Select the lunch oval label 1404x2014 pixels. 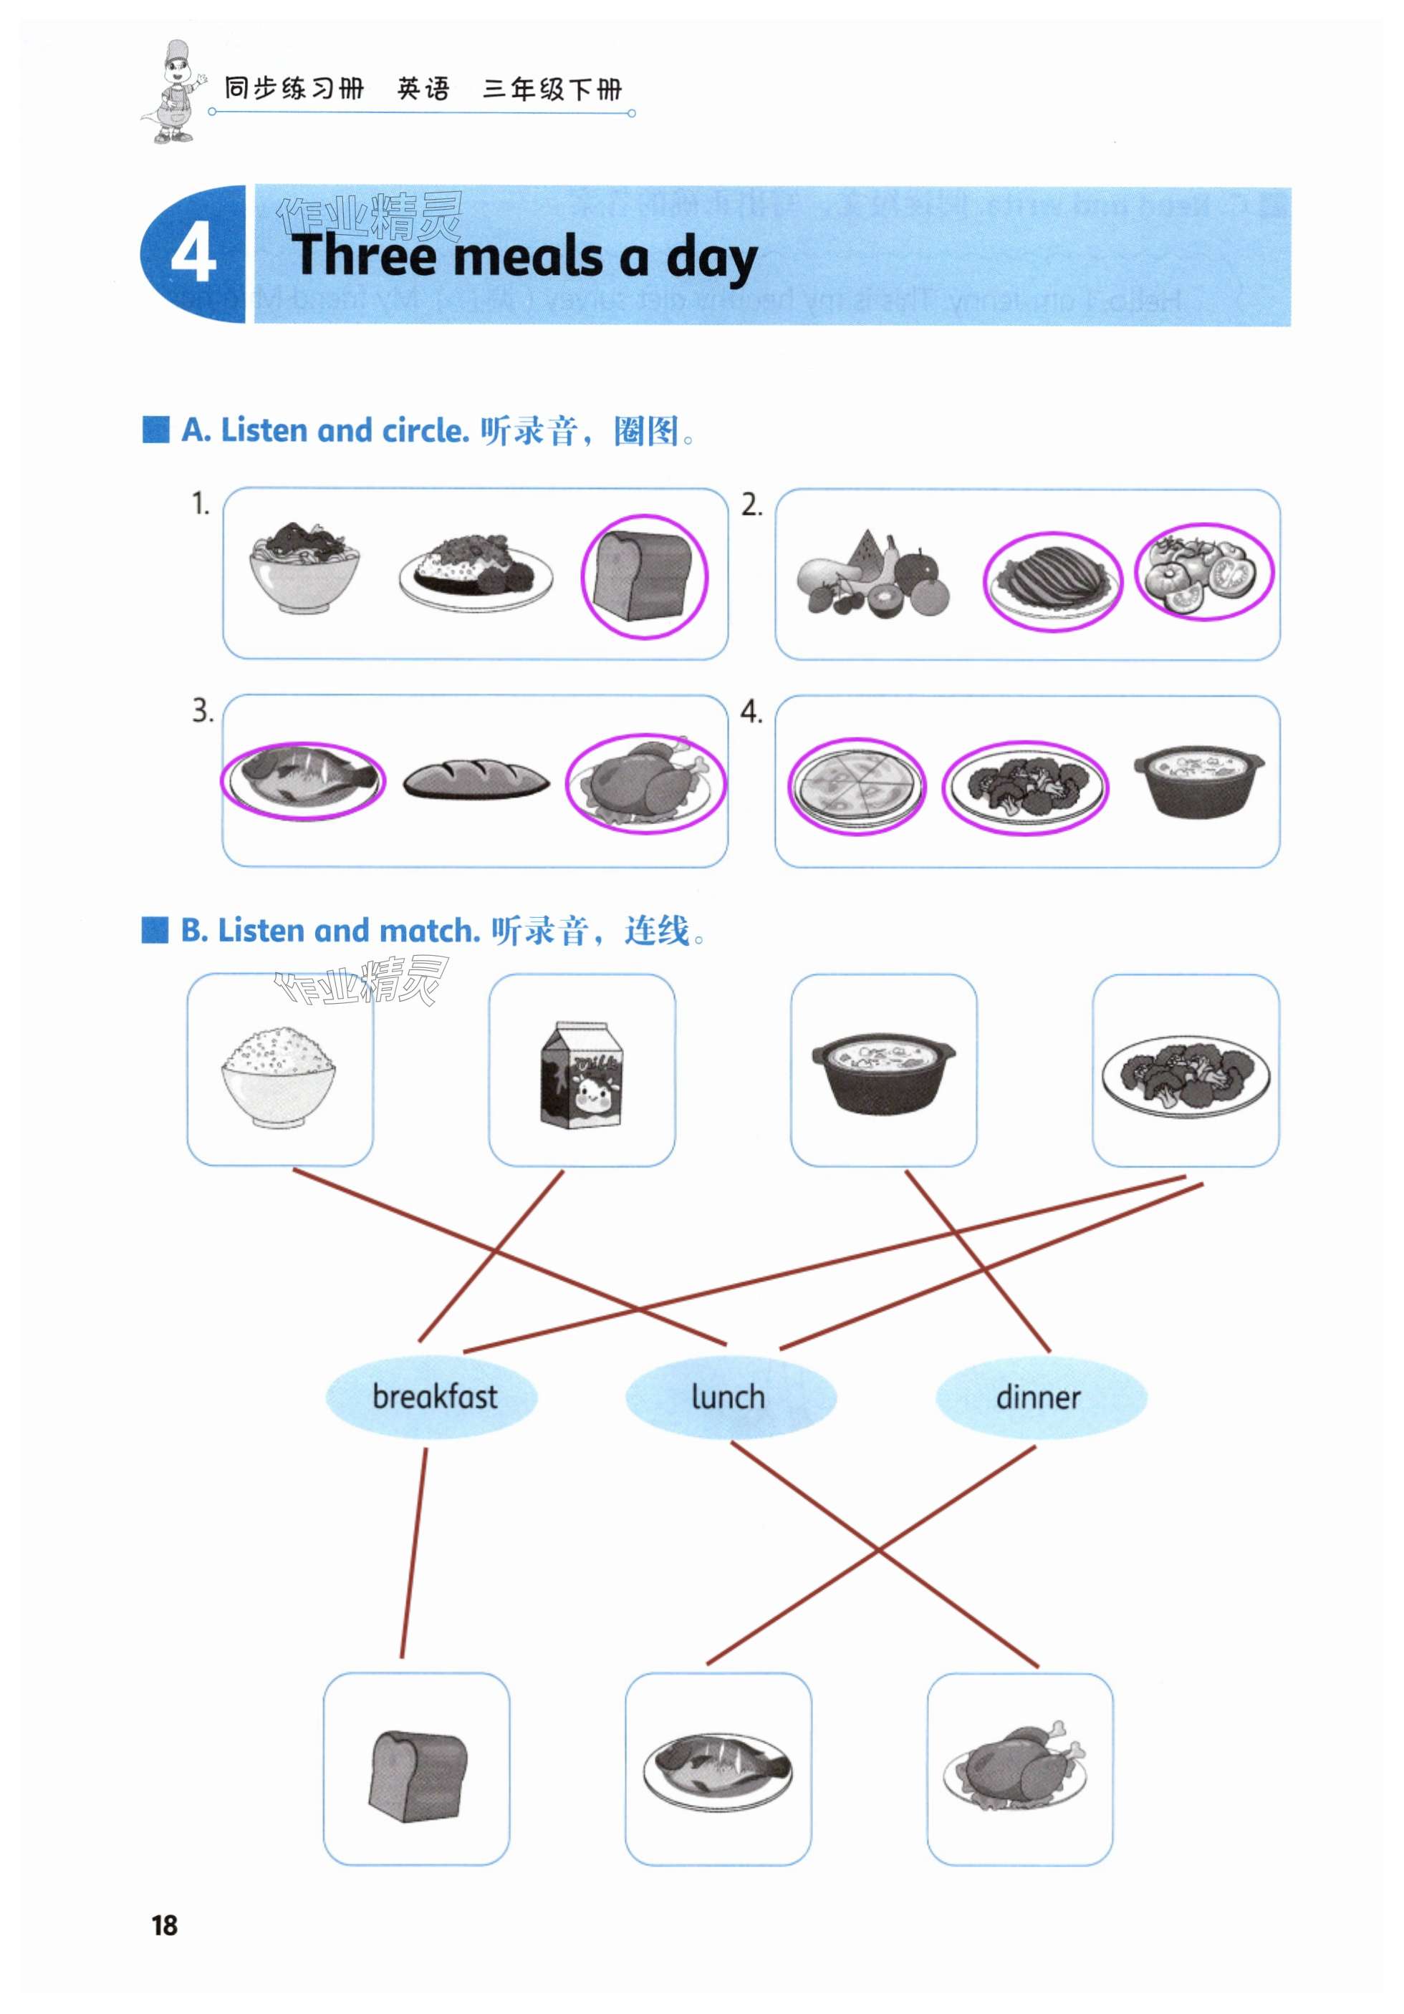(x=729, y=1395)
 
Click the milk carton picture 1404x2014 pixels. (x=581, y=1074)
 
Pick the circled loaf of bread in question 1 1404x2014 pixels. (x=643, y=576)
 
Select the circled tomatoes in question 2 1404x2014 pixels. (x=1204, y=572)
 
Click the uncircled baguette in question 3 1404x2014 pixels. (x=476, y=778)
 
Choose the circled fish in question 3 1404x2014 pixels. (x=302, y=779)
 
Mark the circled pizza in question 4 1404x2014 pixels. (x=855, y=785)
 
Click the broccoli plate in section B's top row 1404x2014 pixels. (x=1185, y=1074)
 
